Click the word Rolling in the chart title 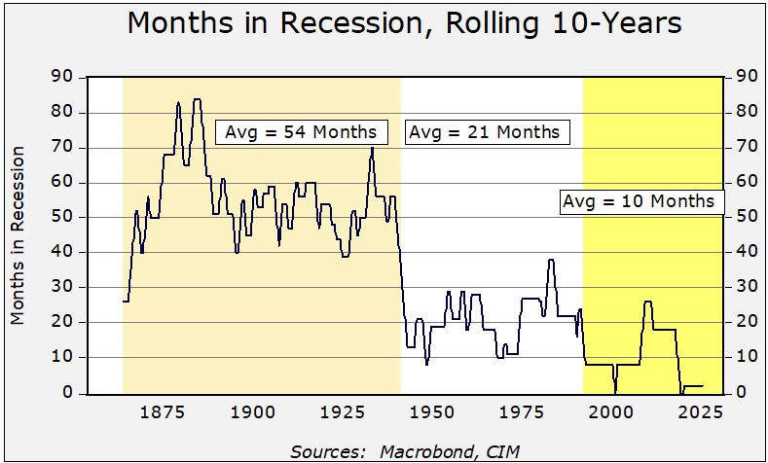(x=494, y=24)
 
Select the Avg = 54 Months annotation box (x=302, y=132)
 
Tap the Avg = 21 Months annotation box (x=488, y=132)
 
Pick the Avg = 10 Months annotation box (x=641, y=201)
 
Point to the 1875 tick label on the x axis (x=163, y=412)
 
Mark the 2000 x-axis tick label (x=610, y=412)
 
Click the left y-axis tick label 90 (x=61, y=77)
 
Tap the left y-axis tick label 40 (x=61, y=252)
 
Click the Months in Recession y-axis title (x=18, y=235)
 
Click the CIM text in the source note (x=503, y=451)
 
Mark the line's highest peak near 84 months (x=198, y=99)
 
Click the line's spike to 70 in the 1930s (x=372, y=147)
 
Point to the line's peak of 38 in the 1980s (x=551, y=260)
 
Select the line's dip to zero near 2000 (x=615, y=393)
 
